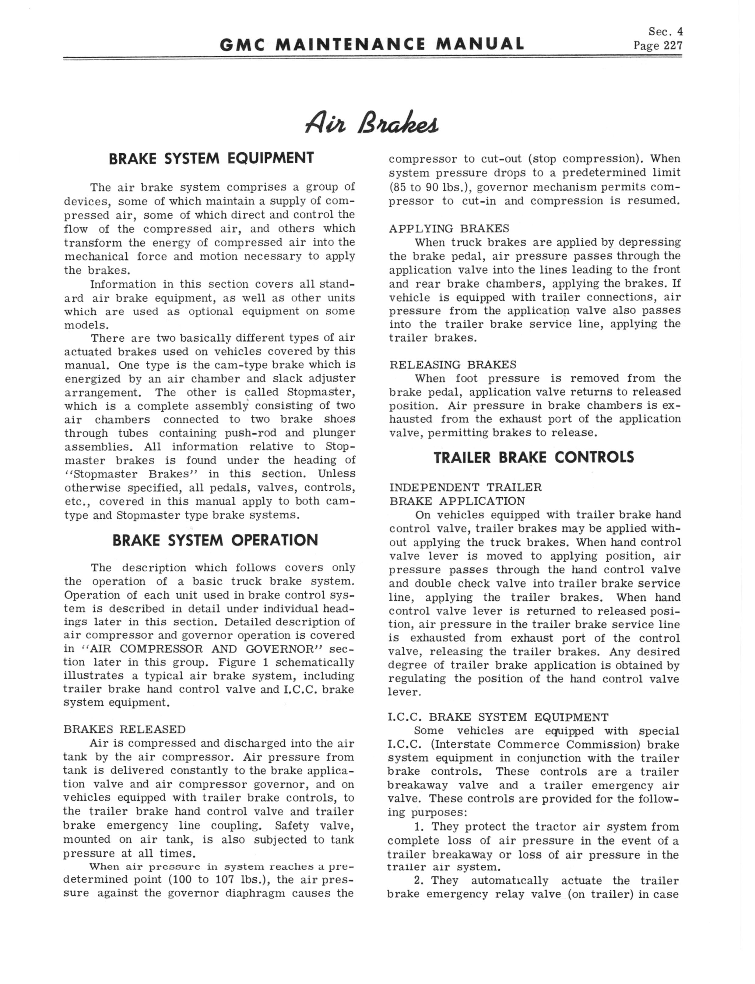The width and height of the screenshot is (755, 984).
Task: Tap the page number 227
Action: click(x=673, y=45)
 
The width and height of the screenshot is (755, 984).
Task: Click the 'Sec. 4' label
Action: click(x=665, y=31)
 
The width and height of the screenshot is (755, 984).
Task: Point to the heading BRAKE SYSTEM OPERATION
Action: click(x=215, y=540)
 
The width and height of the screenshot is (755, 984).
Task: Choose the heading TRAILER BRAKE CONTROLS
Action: click(x=534, y=457)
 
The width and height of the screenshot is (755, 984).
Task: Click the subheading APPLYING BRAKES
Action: click(x=449, y=229)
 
